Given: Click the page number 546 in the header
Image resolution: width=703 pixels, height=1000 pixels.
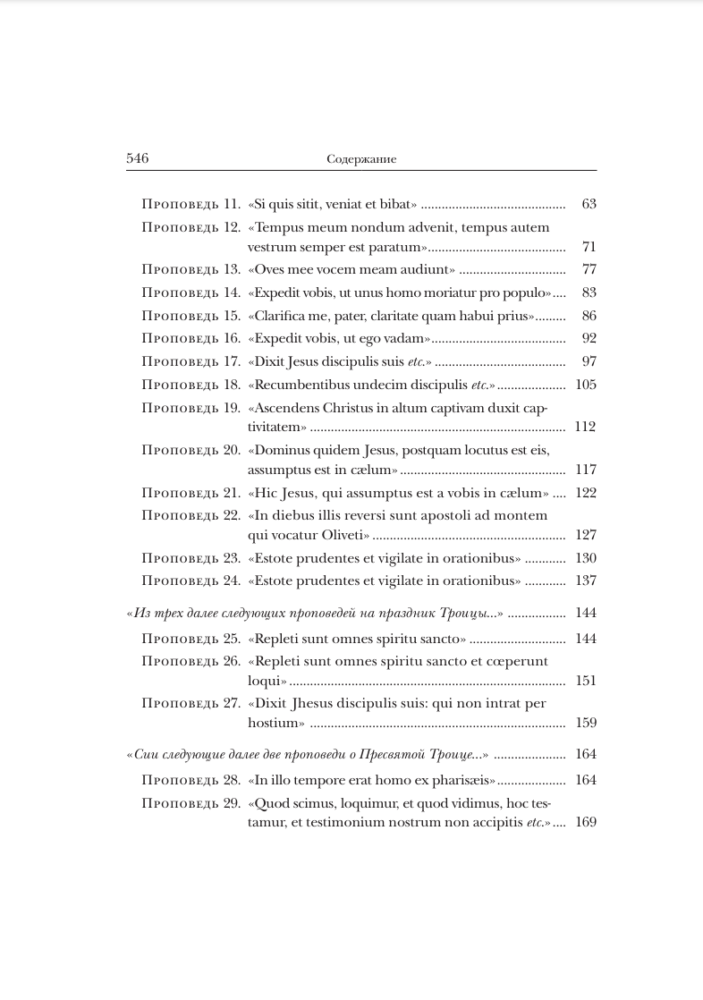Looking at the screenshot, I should pos(137,158).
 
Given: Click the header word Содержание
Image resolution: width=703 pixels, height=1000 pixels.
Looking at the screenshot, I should pos(361,159).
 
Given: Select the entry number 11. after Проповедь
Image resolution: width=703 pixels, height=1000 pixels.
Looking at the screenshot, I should pos(231,204).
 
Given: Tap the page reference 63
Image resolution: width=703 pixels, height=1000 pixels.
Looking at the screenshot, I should pos(588,204).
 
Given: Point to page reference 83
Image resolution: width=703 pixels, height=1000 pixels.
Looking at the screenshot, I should pos(588,292).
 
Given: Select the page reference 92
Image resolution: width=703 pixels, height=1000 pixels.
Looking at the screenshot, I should pos(588,338).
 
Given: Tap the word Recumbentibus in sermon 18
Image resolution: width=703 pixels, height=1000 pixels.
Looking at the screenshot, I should pos(297,385).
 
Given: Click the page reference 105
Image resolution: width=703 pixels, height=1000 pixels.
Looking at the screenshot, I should pos(585,385).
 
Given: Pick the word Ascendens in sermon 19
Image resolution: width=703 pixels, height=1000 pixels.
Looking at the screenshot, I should pos(287,408).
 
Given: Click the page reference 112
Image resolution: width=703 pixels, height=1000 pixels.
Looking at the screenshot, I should pos(585,427).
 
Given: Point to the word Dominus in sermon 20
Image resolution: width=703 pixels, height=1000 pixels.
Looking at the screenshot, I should pos(282,450).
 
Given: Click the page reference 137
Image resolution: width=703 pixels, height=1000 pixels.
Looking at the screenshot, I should pos(585,581).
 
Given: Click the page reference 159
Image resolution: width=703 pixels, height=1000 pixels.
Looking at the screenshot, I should pos(585,723).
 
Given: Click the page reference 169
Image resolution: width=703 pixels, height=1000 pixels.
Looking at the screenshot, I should pos(585,822).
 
